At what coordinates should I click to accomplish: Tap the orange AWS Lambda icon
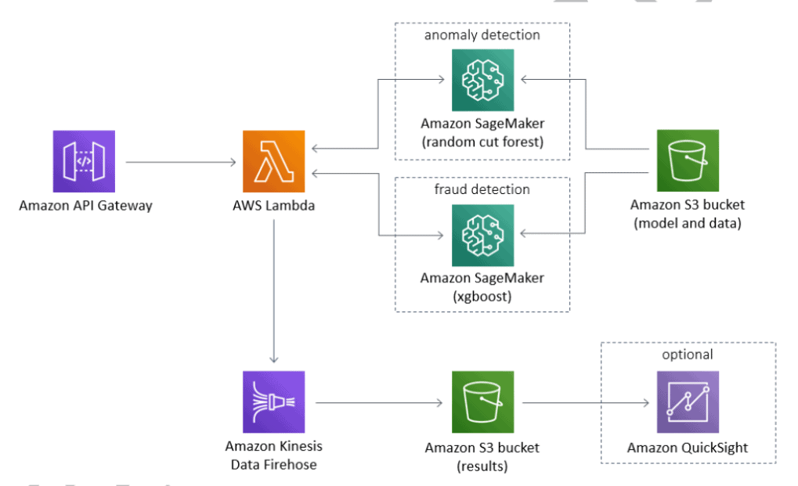pos(274,161)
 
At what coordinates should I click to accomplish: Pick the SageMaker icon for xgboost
pos(482,236)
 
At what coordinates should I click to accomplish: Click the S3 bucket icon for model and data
pos(687,161)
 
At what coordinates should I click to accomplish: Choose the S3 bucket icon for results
pos(482,402)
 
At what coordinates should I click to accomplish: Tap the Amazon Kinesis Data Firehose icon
pos(273,402)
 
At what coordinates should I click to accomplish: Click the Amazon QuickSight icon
pos(687,402)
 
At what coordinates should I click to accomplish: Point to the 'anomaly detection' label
pos(482,35)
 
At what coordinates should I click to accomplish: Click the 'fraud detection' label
pos(482,189)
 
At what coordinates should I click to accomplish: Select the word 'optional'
pos(687,355)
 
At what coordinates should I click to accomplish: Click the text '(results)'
pos(482,466)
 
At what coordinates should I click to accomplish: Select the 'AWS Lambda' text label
pos(274,206)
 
